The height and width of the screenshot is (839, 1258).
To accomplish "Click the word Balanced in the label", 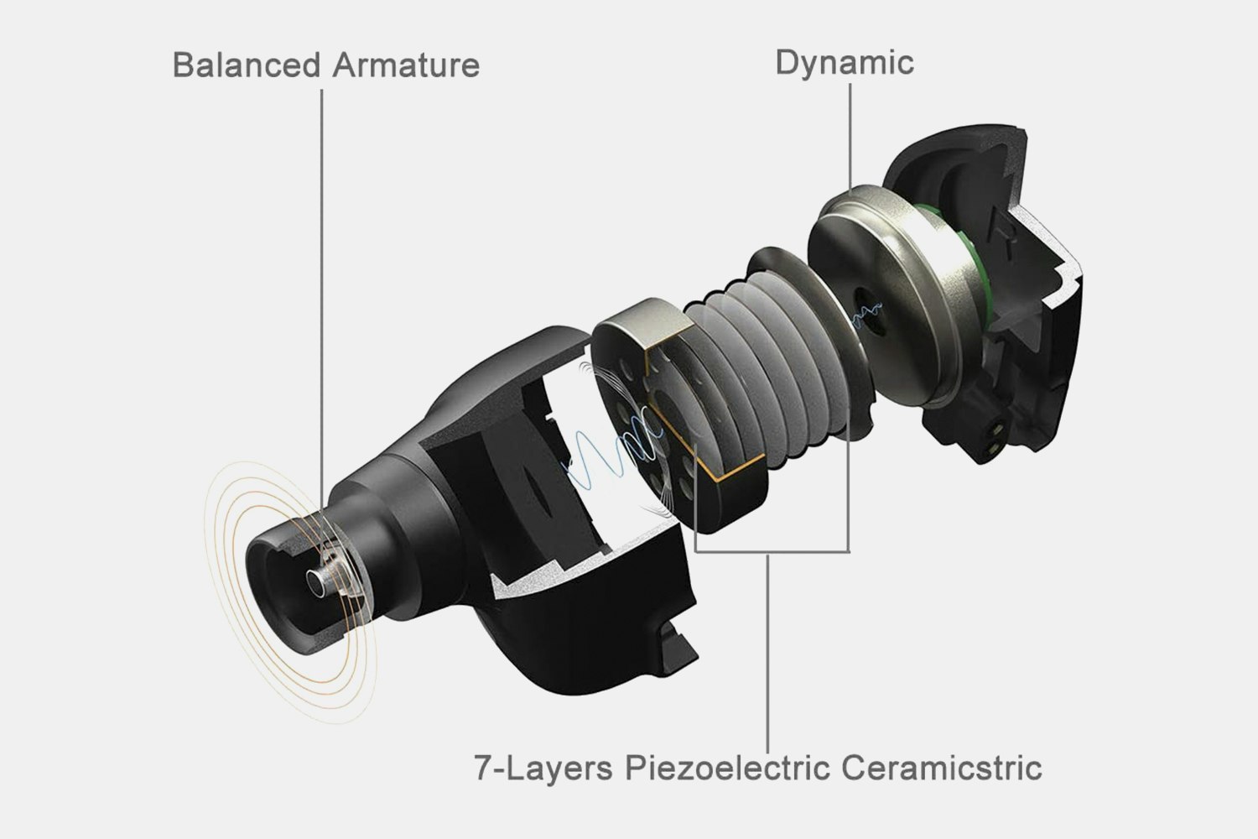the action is point(247,65).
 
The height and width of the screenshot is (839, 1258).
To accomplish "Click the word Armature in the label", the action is point(406,65).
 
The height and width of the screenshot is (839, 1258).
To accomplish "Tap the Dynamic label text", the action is point(845,63).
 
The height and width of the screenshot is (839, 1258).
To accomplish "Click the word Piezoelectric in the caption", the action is point(727,768).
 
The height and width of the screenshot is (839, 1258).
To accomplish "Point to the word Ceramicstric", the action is point(942,768).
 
